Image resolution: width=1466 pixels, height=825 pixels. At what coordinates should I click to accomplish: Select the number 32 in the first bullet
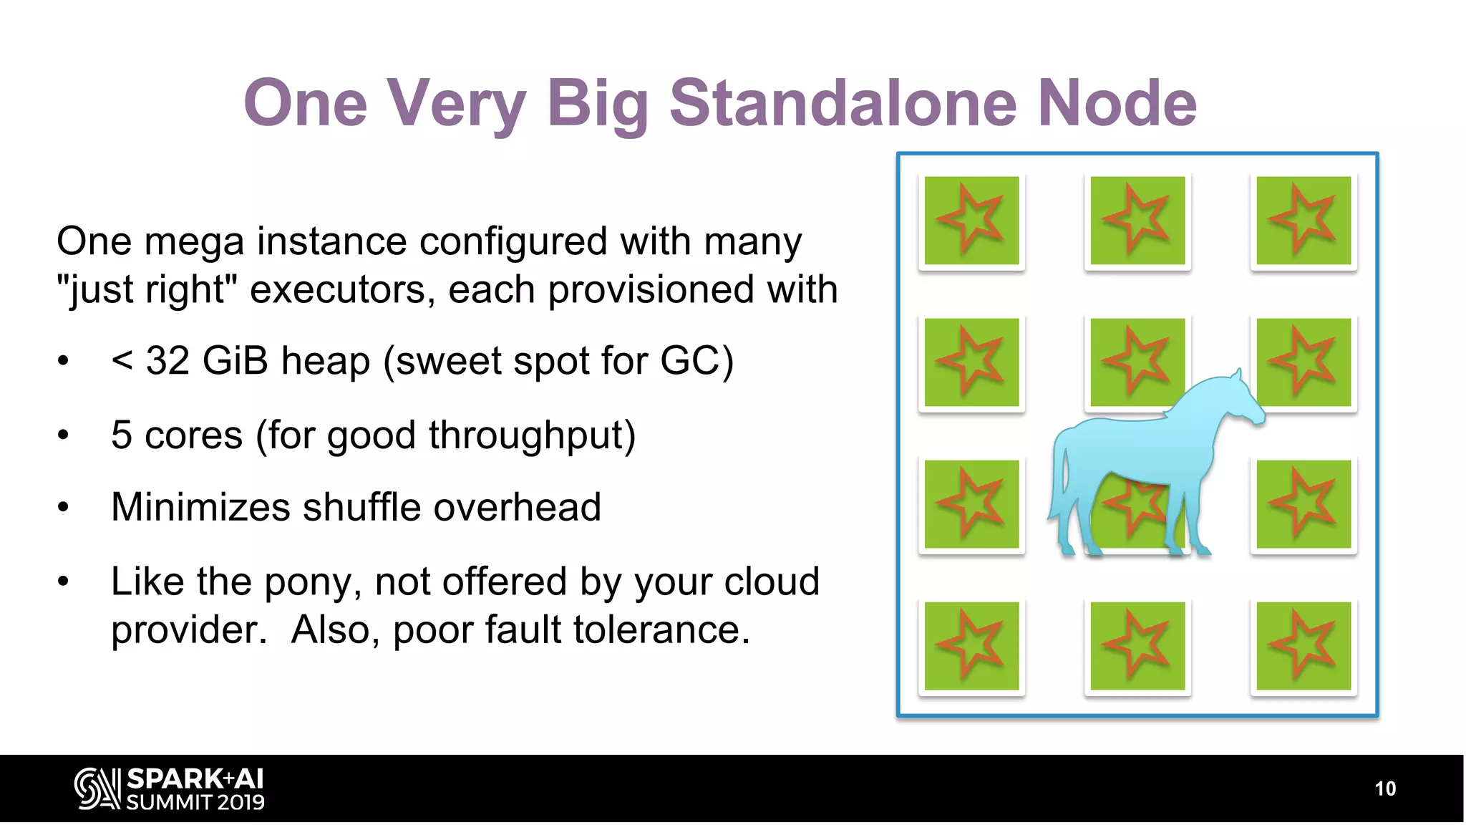(168, 360)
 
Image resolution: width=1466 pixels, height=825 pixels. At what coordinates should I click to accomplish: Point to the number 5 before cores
(122, 435)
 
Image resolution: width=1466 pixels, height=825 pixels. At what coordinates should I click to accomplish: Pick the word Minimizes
(200, 507)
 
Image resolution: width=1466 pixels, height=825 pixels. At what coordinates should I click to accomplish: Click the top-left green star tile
(971, 221)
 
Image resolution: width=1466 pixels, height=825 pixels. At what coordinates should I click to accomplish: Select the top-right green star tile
(1303, 221)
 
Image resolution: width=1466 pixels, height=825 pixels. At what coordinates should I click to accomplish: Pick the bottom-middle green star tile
(1137, 646)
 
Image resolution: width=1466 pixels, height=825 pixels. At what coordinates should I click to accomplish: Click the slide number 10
(1385, 788)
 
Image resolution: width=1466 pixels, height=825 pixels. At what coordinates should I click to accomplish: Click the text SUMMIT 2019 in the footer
(195, 803)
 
